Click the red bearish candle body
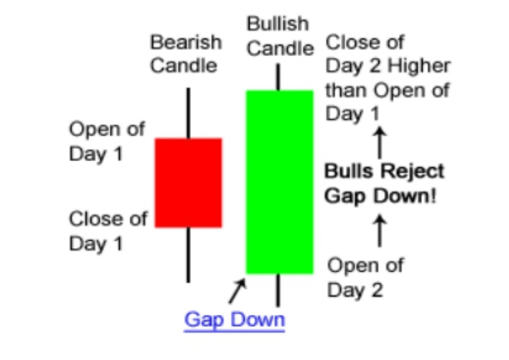[188, 183]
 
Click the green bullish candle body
[279, 182]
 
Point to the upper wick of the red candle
[188, 113]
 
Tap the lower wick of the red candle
[188, 255]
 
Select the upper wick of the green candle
[278, 77]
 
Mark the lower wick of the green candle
[278, 290]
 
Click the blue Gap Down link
[234, 321]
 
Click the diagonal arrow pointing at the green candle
[237, 291]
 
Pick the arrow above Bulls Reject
[379, 143]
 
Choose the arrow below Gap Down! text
[379, 230]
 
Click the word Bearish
[186, 42]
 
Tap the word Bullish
[278, 24]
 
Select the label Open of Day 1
[107, 141]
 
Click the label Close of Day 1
[108, 231]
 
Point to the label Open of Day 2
[365, 278]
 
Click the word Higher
[419, 66]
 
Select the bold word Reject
[412, 172]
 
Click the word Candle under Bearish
[183, 65]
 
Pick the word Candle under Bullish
[280, 49]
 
